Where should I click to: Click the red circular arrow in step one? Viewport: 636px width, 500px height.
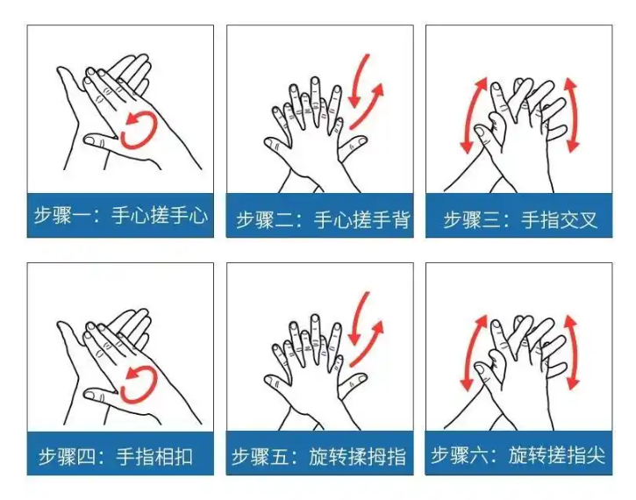click(x=155, y=129)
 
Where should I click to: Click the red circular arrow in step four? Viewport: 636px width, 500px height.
click(x=155, y=383)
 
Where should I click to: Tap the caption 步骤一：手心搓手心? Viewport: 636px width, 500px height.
click(x=120, y=215)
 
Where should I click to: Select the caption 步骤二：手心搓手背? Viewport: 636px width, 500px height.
click(x=323, y=220)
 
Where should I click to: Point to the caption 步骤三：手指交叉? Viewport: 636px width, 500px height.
click(x=520, y=220)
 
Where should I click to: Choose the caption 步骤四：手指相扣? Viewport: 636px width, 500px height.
click(x=116, y=457)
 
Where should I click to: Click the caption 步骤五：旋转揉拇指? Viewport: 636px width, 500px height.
click(x=318, y=457)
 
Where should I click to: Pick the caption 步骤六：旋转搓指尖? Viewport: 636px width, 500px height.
click(x=518, y=455)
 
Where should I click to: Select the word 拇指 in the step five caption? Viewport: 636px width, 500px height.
click(x=387, y=457)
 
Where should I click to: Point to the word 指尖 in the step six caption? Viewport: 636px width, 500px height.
click(x=586, y=455)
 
